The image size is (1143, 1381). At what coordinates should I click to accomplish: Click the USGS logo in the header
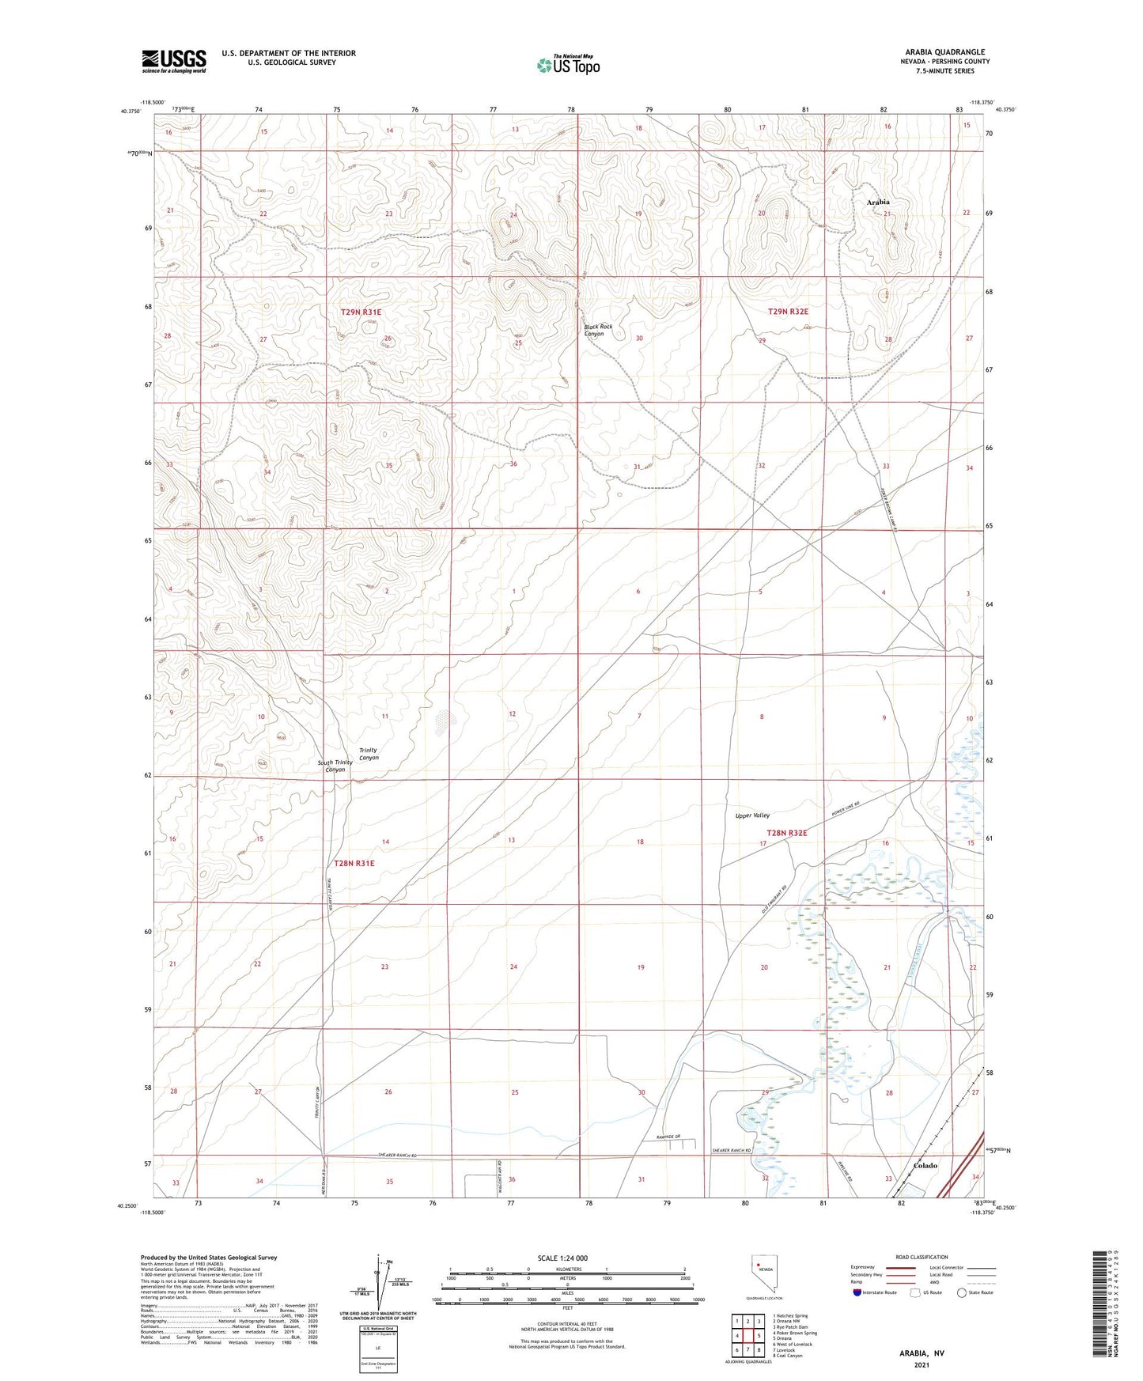click(x=174, y=61)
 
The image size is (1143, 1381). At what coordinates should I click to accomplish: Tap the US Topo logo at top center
click(x=567, y=65)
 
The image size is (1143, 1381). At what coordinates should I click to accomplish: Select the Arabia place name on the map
click(x=877, y=202)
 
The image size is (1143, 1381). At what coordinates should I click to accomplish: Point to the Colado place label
click(x=925, y=1165)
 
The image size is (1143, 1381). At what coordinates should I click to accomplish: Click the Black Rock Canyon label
click(x=598, y=330)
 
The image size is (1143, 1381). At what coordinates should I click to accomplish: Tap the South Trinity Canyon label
click(x=335, y=766)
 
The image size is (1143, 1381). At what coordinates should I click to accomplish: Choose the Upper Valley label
click(x=751, y=815)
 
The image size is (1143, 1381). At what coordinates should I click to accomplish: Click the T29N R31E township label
click(x=361, y=312)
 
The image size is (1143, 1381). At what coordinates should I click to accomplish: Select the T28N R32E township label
click(x=786, y=833)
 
